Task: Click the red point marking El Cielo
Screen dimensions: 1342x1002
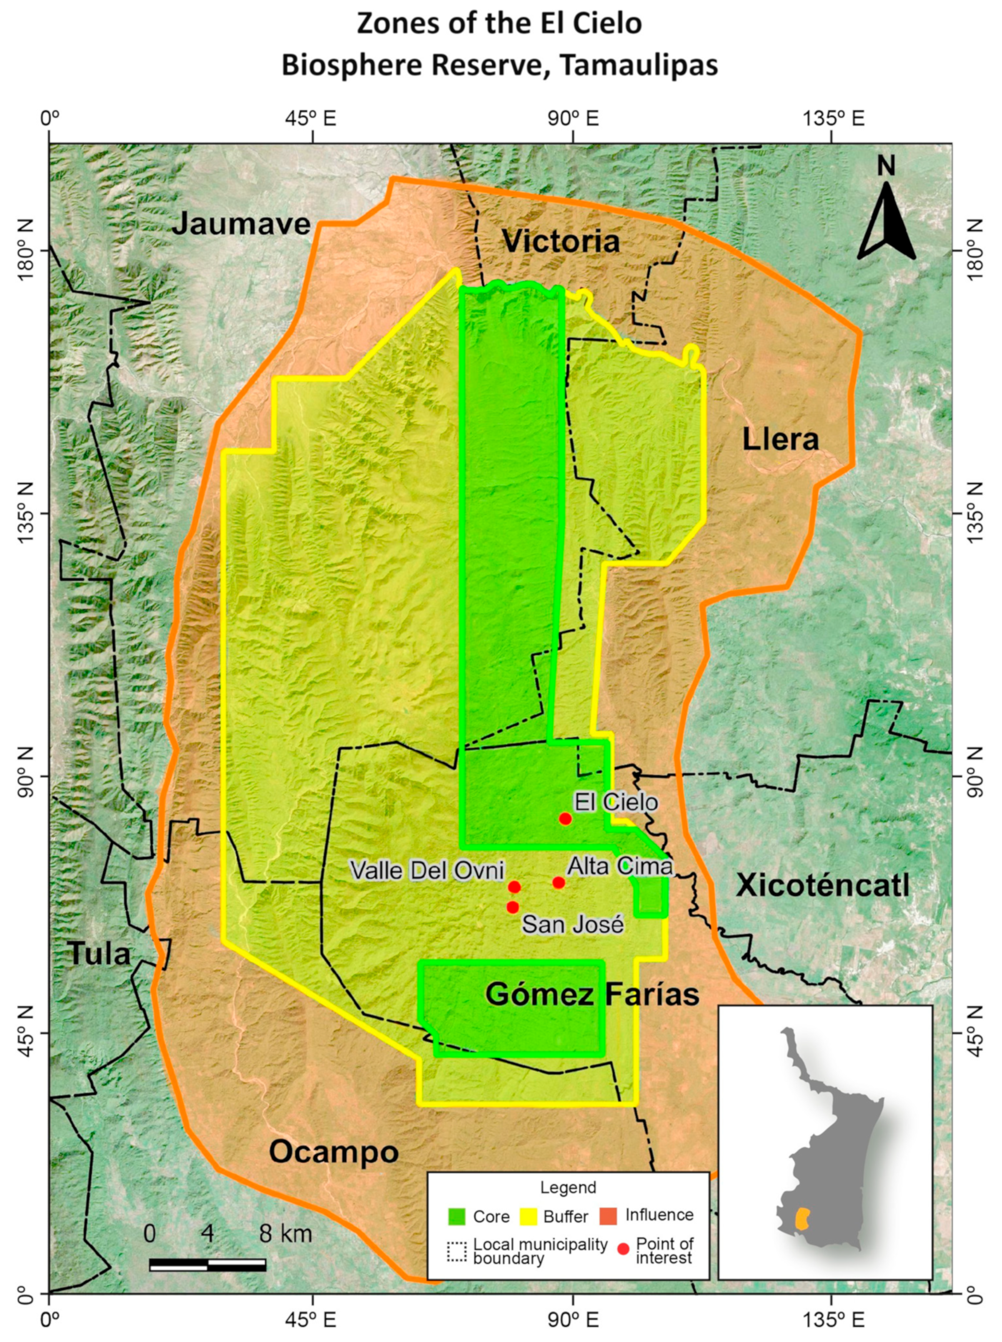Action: [565, 819]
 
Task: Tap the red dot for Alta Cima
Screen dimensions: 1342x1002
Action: [559, 883]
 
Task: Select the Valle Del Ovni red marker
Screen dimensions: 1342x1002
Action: [514, 887]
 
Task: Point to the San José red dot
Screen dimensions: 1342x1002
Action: [513, 907]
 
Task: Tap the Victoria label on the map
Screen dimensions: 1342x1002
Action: [561, 242]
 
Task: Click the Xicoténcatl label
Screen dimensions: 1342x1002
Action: [822, 886]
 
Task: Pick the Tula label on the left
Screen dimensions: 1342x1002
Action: [100, 954]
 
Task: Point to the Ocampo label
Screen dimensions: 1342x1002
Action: [333, 1151]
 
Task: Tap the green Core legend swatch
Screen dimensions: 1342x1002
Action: [456, 1216]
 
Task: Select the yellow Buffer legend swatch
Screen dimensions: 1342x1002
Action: [528, 1216]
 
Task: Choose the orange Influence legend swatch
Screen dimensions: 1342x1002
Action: [607, 1216]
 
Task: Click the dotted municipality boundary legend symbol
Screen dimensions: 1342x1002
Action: [456, 1252]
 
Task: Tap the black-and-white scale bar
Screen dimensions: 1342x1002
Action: [208, 1265]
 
